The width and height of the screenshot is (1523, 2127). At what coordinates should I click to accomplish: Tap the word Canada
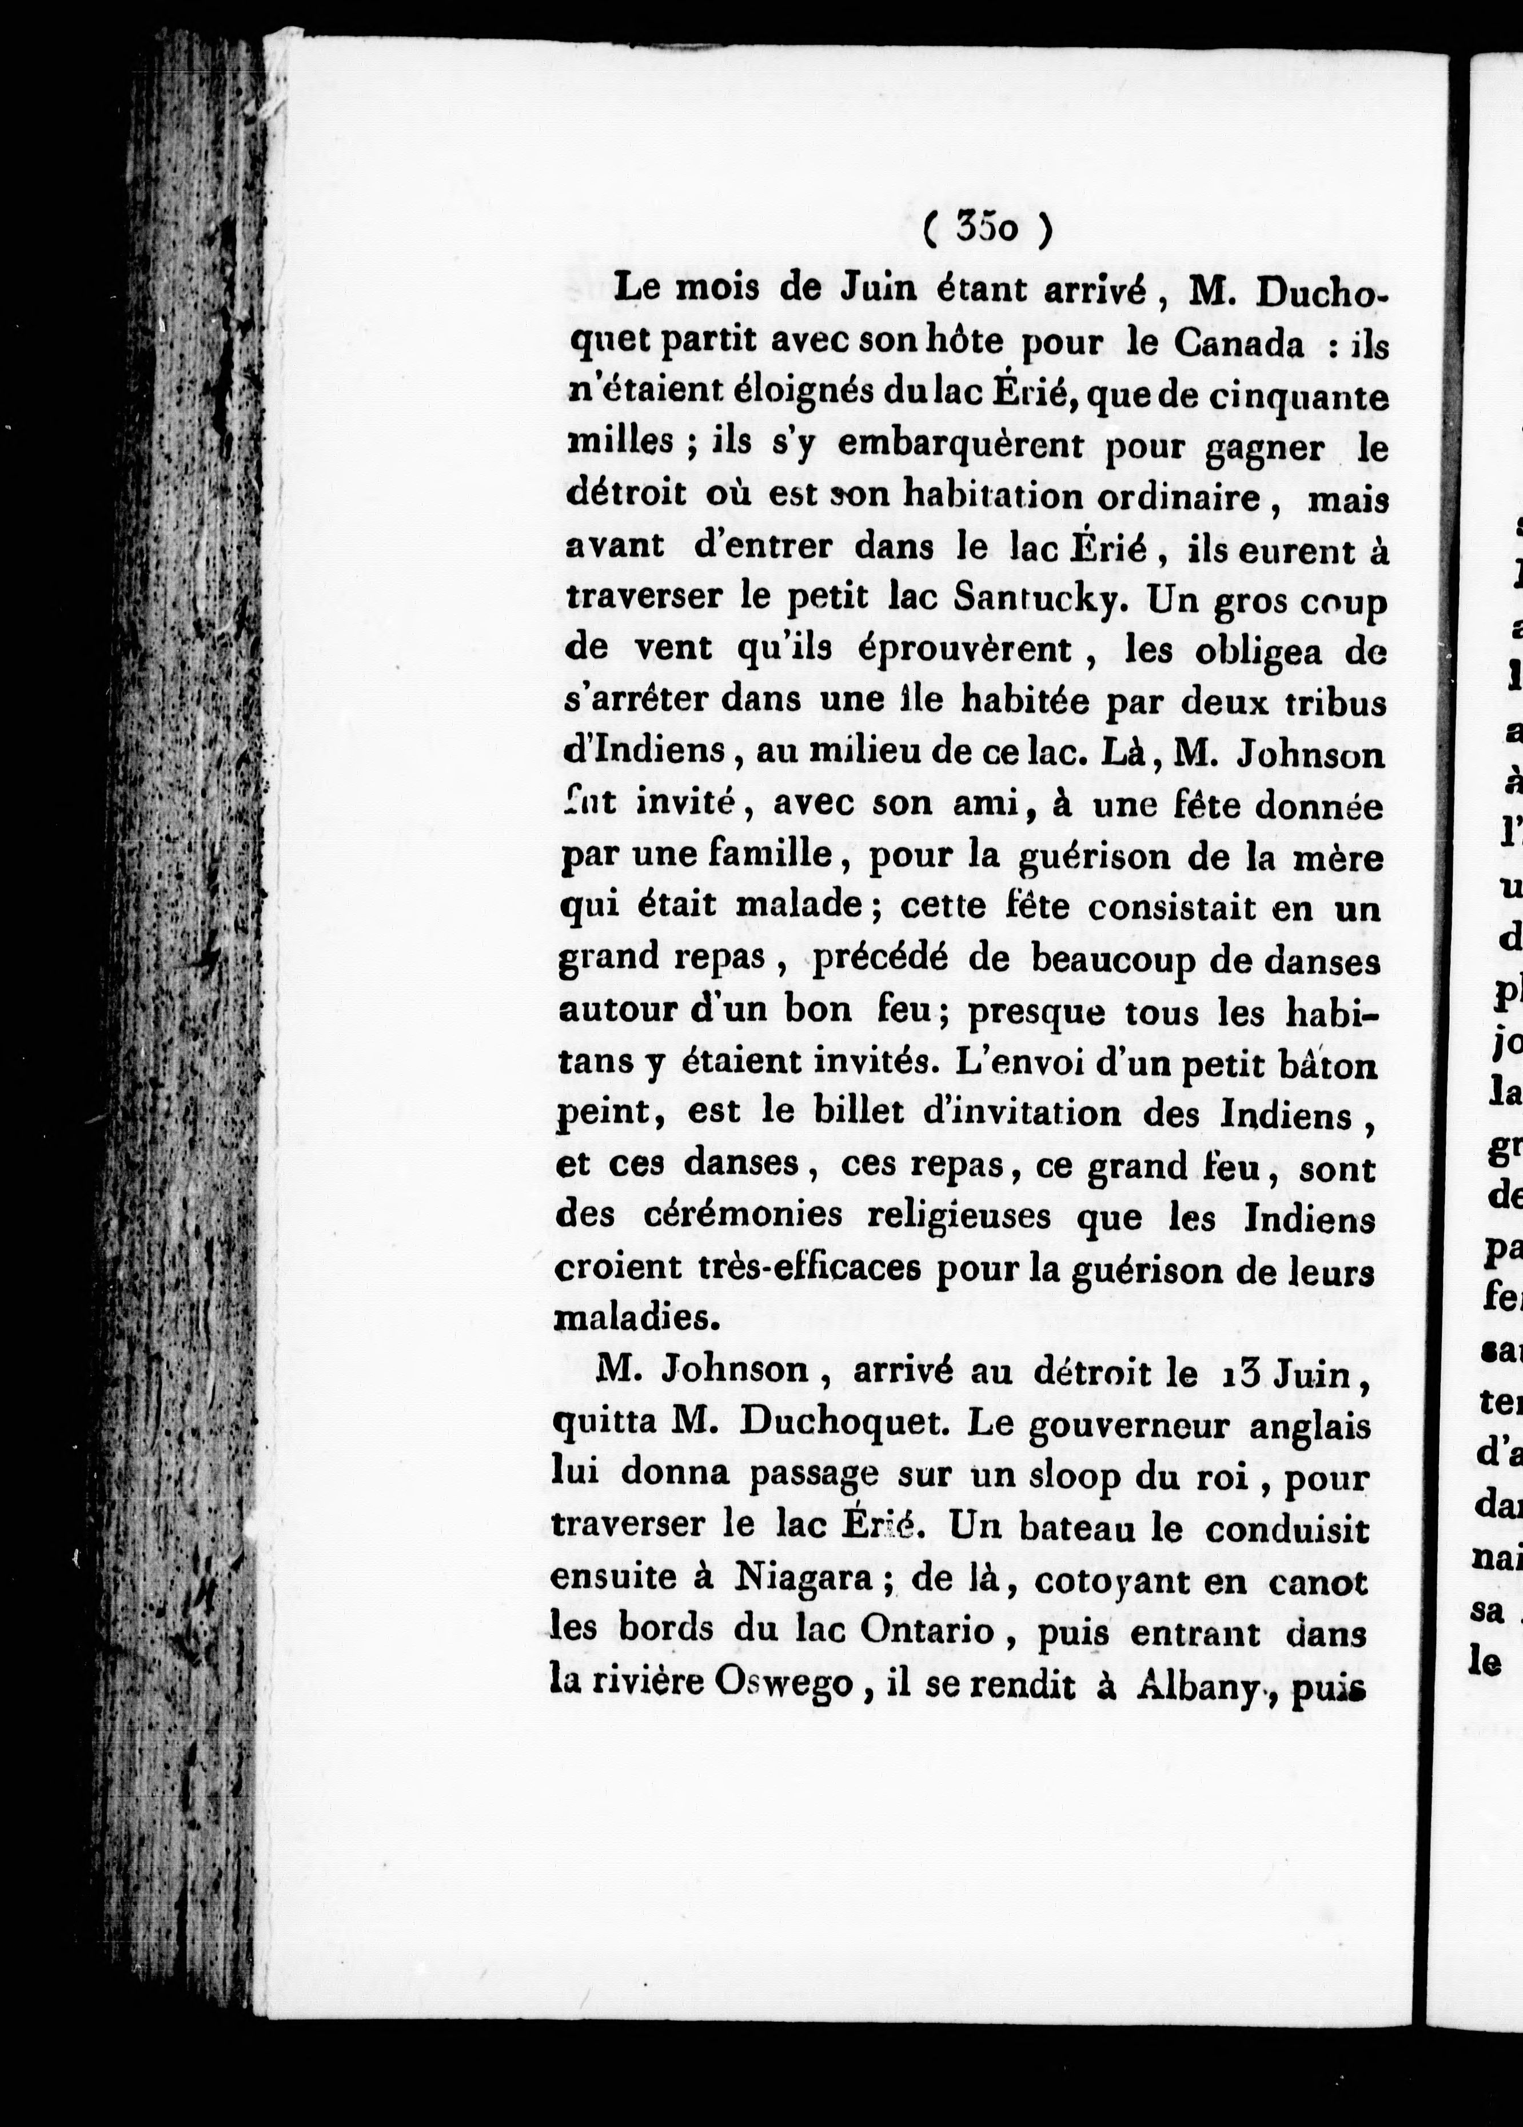(1237, 344)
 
